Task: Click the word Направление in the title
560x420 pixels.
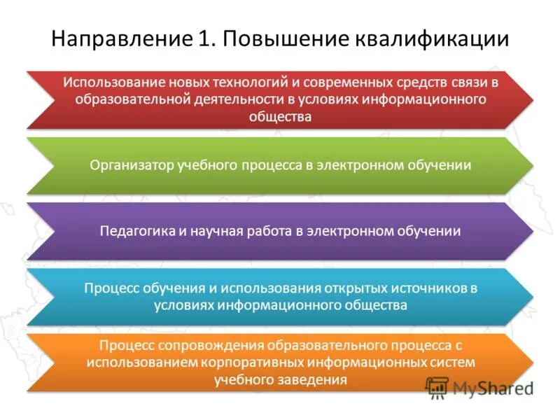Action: click(117, 38)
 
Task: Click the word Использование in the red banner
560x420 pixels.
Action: click(105, 82)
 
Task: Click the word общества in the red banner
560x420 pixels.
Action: click(280, 117)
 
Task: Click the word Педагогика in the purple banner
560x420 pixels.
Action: click(134, 231)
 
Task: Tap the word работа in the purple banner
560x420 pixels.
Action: click(262, 231)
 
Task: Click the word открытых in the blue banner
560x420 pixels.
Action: click(356, 288)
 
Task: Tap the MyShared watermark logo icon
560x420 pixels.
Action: click(437, 387)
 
